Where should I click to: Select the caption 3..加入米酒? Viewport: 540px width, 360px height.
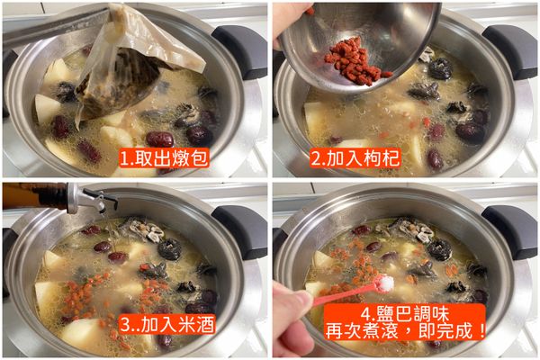[x=166, y=323]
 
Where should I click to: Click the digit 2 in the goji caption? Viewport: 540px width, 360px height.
[x=317, y=159]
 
